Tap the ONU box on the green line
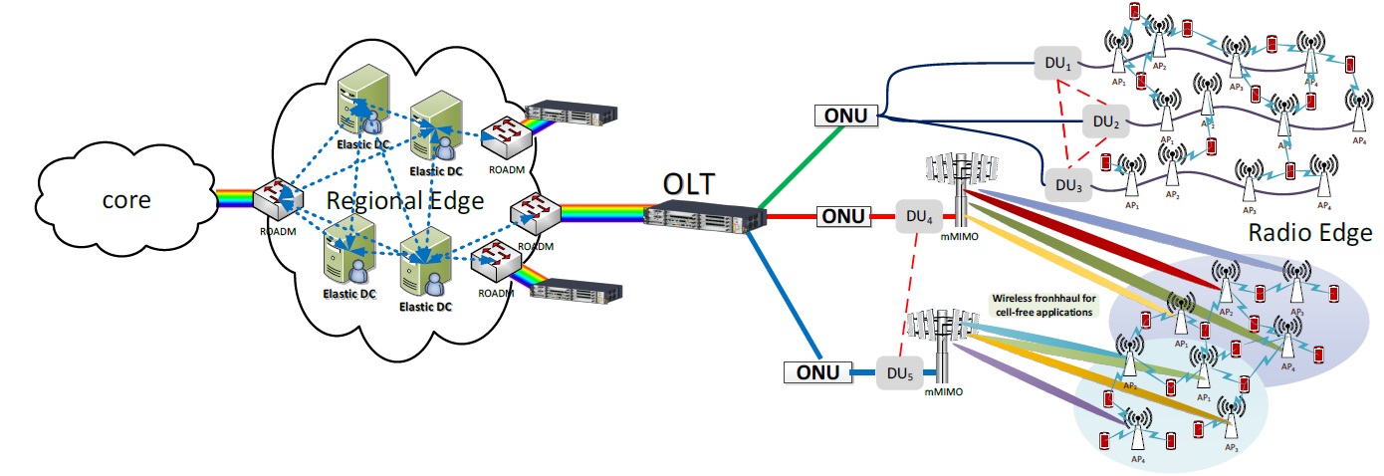(x=844, y=117)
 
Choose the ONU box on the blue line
(x=816, y=373)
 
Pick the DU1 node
(x=1056, y=63)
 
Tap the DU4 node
(x=917, y=215)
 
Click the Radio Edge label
(x=1308, y=232)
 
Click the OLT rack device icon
(x=696, y=216)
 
